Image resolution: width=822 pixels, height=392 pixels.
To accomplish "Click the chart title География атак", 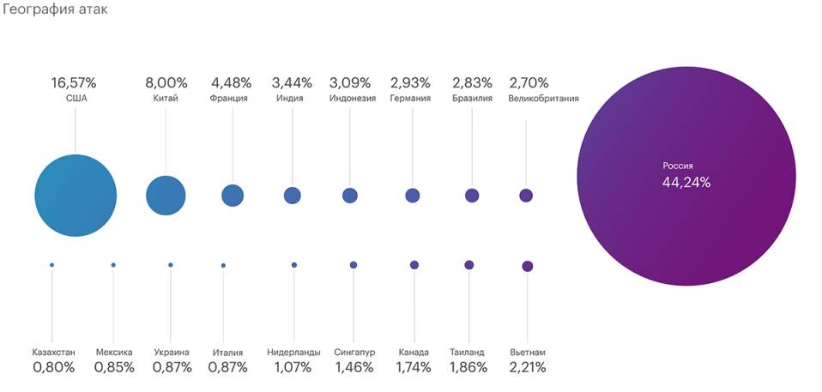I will pyautogui.click(x=54, y=10).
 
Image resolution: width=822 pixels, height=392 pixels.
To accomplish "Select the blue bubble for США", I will pyautogui.click(x=76, y=196).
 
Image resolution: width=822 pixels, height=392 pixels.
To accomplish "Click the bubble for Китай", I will pyautogui.click(x=166, y=196).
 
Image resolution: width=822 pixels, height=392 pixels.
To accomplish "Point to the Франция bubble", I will pyautogui.click(x=233, y=196).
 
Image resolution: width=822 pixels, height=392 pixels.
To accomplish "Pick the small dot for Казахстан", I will pyautogui.click(x=51, y=265).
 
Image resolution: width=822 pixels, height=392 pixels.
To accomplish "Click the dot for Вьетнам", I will pyautogui.click(x=527, y=266).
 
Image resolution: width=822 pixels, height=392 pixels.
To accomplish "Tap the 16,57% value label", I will pyautogui.click(x=75, y=83).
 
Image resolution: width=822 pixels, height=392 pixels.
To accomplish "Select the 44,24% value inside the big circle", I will pyautogui.click(x=686, y=182).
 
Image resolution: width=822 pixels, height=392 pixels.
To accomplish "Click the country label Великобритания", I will pyautogui.click(x=543, y=98).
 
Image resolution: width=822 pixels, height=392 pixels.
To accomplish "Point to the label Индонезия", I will pyautogui.click(x=352, y=98).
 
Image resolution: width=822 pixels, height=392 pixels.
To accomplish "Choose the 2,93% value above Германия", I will pyautogui.click(x=411, y=83).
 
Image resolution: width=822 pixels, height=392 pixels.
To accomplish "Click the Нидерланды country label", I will pyautogui.click(x=293, y=353).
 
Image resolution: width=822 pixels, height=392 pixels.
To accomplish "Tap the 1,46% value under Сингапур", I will pyautogui.click(x=354, y=367).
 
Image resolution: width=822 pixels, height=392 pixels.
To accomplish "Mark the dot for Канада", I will pyautogui.click(x=414, y=265).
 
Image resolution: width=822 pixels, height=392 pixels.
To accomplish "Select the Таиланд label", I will pyautogui.click(x=467, y=353).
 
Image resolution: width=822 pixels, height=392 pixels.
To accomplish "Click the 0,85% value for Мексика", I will pyautogui.click(x=113, y=367).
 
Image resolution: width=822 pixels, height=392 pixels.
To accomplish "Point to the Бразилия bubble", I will pyautogui.click(x=472, y=196).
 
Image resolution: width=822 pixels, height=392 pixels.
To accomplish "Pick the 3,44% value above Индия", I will pyautogui.click(x=292, y=83).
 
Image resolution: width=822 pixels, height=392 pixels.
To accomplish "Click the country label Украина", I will pyautogui.click(x=172, y=353).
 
